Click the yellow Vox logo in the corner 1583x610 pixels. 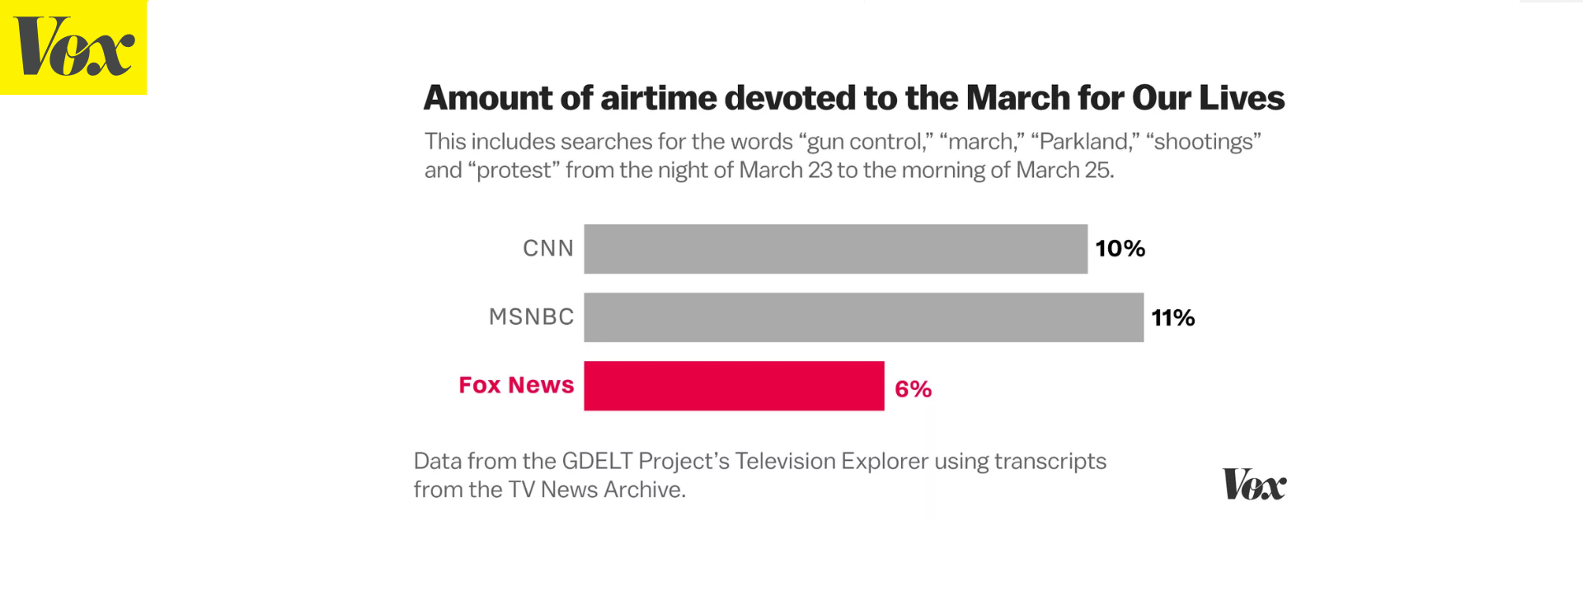coord(73,47)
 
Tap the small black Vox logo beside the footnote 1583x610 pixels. coord(1254,485)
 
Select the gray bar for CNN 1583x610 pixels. coord(835,249)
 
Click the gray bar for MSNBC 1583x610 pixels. coord(863,317)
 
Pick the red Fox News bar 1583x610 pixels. coord(734,386)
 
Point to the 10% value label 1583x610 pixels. coord(1120,249)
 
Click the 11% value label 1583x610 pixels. coord(1172,318)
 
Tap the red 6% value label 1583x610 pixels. coord(913,389)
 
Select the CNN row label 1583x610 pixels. coord(548,248)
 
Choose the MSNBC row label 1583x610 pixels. coord(531,317)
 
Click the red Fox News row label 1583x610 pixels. coord(516,385)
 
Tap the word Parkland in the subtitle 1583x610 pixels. coord(1084,142)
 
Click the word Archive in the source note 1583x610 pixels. coord(643,490)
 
